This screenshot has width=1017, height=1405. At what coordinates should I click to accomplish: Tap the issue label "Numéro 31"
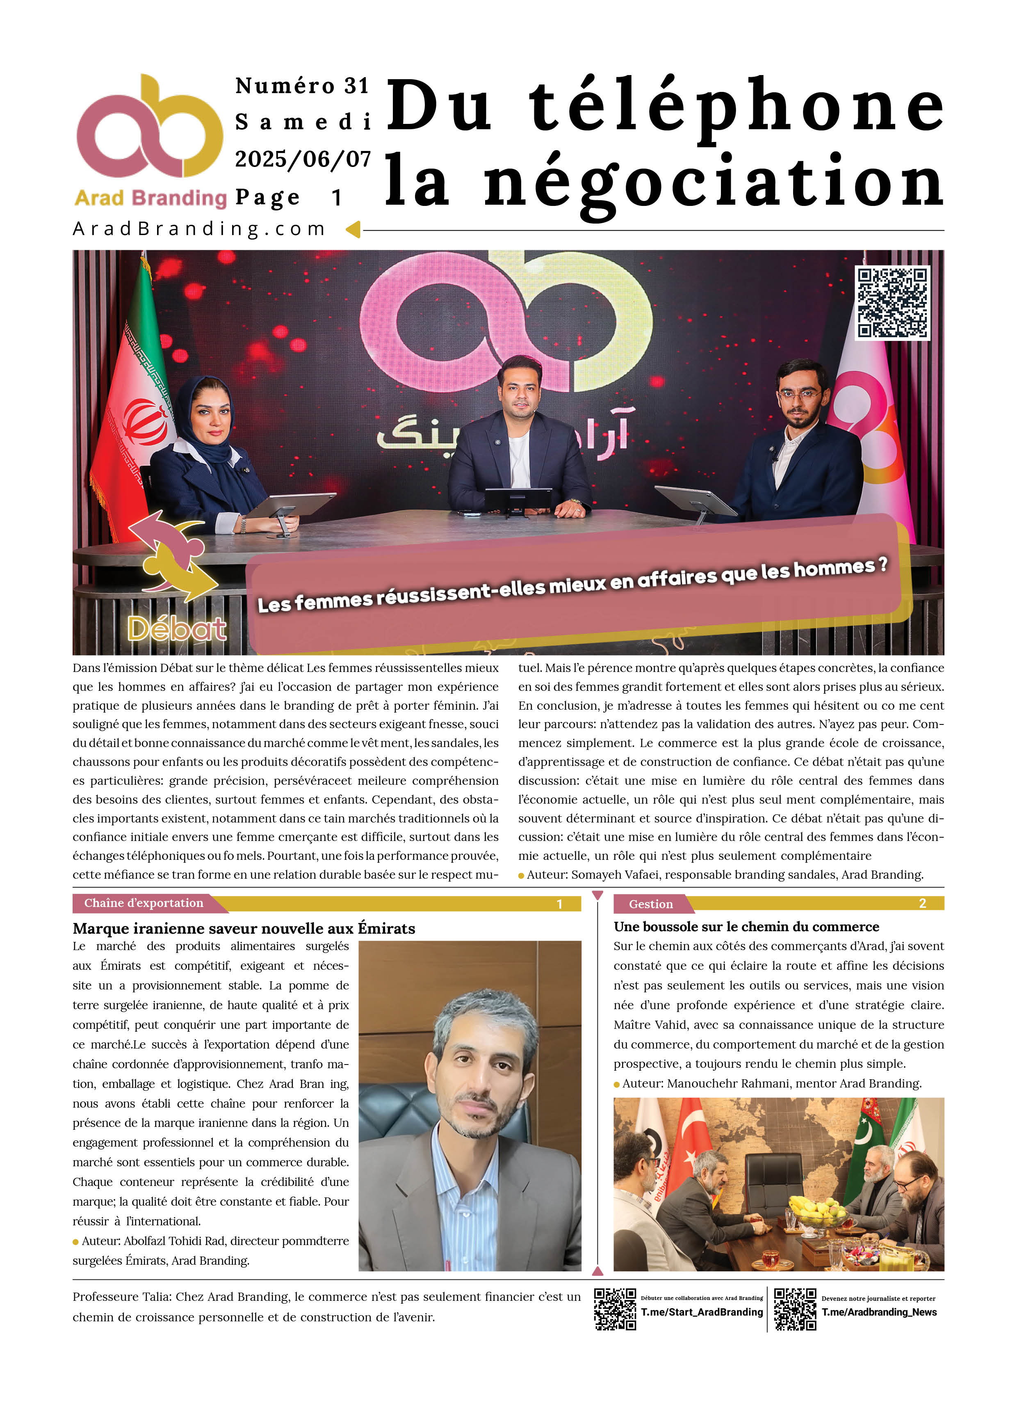302,85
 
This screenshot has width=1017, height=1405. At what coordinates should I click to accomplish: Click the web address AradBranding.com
199,229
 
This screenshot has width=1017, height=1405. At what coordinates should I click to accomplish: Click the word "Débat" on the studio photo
176,629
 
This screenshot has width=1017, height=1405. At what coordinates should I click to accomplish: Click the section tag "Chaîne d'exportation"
144,903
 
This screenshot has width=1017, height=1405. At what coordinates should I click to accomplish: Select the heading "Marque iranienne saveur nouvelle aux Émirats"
244,928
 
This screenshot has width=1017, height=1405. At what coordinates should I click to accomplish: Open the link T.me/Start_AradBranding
701,1312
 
